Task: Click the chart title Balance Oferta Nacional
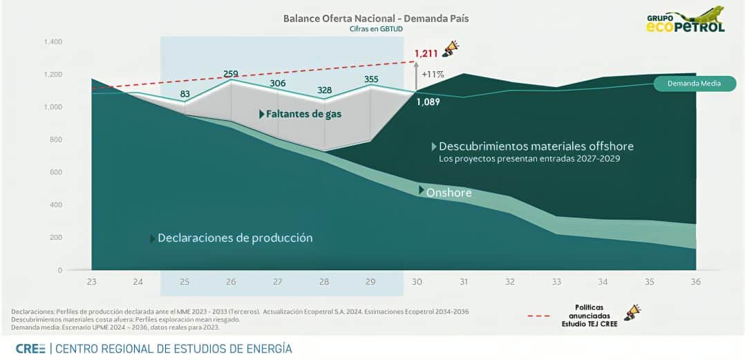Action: pos(376,19)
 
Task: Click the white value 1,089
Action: pos(428,102)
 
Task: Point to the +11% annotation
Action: pos(433,73)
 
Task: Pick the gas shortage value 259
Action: pos(231,73)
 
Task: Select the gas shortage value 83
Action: pos(185,94)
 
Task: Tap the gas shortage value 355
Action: pos(370,79)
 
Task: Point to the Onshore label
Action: pos(448,192)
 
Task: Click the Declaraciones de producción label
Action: pos(235,238)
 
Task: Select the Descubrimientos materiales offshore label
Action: pos(536,146)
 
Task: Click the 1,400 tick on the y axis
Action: pos(53,42)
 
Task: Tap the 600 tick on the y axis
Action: pos(55,172)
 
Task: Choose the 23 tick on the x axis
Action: pos(92,281)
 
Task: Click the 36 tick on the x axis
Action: pos(695,281)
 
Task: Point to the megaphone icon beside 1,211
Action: pos(451,48)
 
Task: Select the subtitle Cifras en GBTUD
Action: pos(376,30)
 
